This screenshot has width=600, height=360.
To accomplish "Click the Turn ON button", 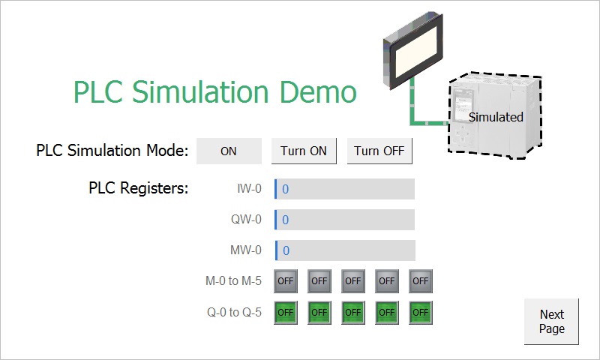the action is pyautogui.click(x=304, y=151).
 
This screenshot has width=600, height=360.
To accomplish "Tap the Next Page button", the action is pyautogui.click(x=551, y=321).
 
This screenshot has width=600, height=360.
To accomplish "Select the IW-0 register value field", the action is pyautogui.click(x=344, y=188).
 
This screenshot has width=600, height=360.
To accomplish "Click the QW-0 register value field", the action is pyautogui.click(x=344, y=220).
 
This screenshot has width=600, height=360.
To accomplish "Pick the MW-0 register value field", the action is pyautogui.click(x=345, y=250).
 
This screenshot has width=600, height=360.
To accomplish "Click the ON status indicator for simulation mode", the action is pyautogui.click(x=229, y=151).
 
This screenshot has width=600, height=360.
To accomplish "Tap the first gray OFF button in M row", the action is pyautogui.click(x=286, y=280).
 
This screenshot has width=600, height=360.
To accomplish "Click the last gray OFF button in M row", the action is pyautogui.click(x=421, y=280).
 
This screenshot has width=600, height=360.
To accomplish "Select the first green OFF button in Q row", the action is pyautogui.click(x=286, y=313).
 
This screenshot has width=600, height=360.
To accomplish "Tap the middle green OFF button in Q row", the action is pyautogui.click(x=353, y=313).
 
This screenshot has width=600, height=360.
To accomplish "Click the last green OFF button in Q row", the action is pyautogui.click(x=421, y=313).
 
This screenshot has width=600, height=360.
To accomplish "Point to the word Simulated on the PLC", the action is pyautogui.click(x=496, y=117).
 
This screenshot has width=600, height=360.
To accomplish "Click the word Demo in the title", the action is pyautogui.click(x=318, y=91).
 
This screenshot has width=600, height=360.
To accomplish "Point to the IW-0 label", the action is pyautogui.click(x=250, y=188).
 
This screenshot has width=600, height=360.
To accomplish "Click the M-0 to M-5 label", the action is pyautogui.click(x=233, y=280).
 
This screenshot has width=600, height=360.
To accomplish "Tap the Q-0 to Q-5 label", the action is pyautogui.click(x=234, y=312).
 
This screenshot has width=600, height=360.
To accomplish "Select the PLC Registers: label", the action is pyautogui.click(x=139, y=187).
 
